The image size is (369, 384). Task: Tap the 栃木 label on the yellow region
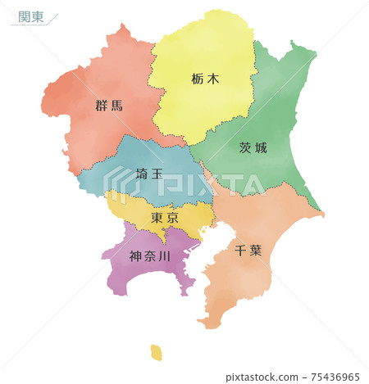click(x=206, y=80)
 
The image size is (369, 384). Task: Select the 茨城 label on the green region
click(x=253, y=148)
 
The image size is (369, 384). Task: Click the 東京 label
click(x=165, y=219)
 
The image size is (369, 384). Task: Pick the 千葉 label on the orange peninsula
click(x=248, y=250)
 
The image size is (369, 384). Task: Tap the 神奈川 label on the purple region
click(x=150, y=256)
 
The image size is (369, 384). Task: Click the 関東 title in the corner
click(x=31, y=16)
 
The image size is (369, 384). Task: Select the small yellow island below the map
click(x=156, y=352)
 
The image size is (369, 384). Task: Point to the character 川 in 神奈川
click(x=165, y=256)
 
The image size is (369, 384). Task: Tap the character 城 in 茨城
click(x=262, y=148)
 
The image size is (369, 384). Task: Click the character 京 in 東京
click(x=172, y=219)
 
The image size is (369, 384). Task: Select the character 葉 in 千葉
click(x=256, y=250)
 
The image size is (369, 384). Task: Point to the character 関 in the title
click(x=24, y=16)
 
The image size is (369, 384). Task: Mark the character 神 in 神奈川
click(x=136, y=256)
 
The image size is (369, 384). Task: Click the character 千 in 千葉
click(x=240, y=250)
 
